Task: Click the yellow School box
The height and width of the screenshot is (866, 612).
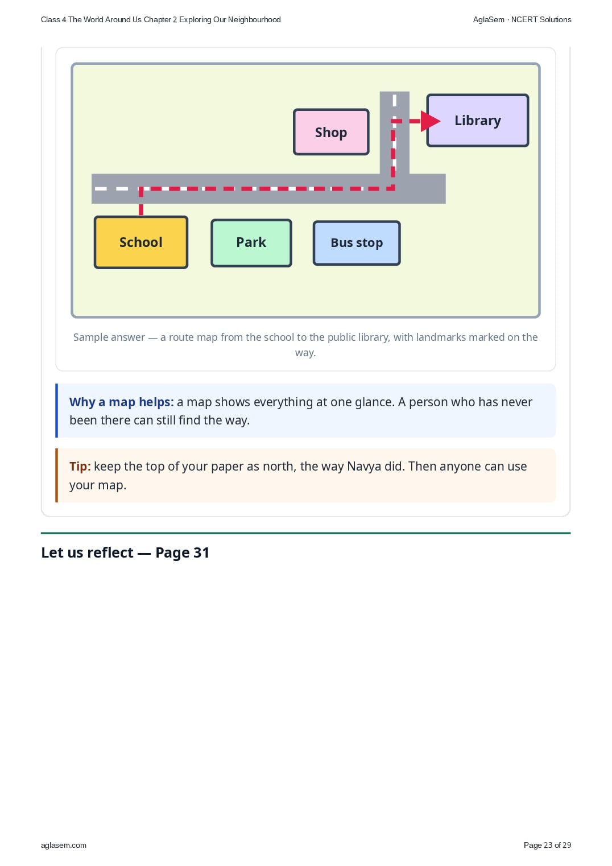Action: [x=141, y=242]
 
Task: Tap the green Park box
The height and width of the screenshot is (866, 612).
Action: [x=251, y=243]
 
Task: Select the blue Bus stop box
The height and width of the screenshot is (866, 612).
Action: [x=357, y=243]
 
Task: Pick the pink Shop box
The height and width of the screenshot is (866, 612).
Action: [x=331, y=132]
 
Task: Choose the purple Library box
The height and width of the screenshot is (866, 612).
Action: [x=478, y=120]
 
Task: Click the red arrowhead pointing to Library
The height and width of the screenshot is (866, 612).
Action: [x=430, y=121]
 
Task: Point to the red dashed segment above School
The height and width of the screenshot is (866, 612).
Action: [x=141, y=201]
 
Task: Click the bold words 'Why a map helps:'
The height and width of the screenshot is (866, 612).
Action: [x=122, y=402]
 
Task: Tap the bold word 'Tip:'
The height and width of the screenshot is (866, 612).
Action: [x=80, y=466]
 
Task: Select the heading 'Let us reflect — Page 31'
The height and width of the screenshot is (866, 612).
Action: [x=125, y=552]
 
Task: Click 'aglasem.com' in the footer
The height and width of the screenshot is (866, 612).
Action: [x=64, y=845]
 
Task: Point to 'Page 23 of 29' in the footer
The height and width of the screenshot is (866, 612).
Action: [x=547, y=845]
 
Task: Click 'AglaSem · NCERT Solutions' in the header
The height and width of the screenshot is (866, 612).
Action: [x=522, y=20]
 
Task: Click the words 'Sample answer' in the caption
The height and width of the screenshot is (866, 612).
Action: [x=109, y=337]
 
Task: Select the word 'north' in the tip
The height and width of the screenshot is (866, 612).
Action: [x=279, y=467]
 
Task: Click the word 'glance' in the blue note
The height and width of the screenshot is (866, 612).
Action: [x=373, y=402]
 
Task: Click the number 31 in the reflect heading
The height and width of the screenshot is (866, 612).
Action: [x=201, y=552]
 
